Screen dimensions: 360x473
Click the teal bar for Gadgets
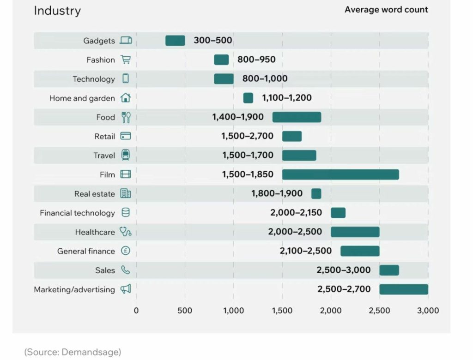175,41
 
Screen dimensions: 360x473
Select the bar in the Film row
340,174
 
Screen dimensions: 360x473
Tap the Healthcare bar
355,232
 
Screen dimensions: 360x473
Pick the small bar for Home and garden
248,98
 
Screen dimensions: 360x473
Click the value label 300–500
213,41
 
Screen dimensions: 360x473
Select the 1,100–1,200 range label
287,98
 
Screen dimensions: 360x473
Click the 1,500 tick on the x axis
282,311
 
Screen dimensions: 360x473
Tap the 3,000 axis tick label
428,311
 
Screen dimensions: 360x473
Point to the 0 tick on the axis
136,311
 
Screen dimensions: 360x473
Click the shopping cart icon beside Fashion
126,60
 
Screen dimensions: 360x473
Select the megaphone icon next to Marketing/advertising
126,289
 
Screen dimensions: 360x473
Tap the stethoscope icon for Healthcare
126,232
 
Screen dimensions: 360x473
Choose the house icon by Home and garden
126,98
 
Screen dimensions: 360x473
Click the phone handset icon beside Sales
126,270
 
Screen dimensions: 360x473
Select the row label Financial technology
77,213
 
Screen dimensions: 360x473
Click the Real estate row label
94,194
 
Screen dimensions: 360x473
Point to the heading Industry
57,11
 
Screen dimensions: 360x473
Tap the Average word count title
386,10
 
